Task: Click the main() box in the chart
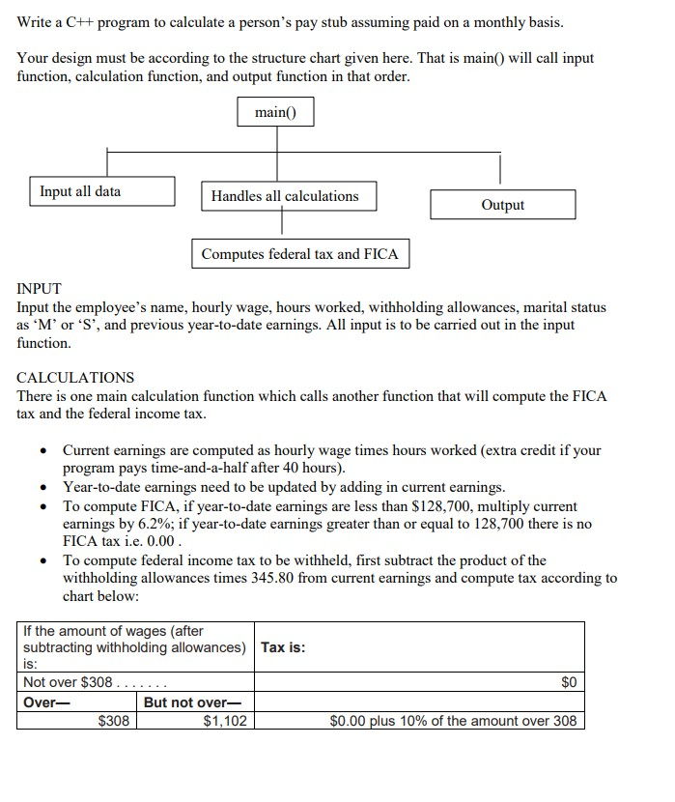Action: tap(276, 113)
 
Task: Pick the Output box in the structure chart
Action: tap(502, 205)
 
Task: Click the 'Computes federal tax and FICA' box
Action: tap(299, 254)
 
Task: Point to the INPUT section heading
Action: tap(40, 289)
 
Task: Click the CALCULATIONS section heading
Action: tap(75, 377)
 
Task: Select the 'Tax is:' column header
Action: tap(283, 647)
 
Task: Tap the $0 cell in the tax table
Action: tap(568, 682)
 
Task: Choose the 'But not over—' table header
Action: tap(190, 702)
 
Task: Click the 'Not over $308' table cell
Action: tap(68, 682)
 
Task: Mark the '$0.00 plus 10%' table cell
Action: tap(453, 721)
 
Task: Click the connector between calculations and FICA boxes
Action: tap(281, 225)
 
